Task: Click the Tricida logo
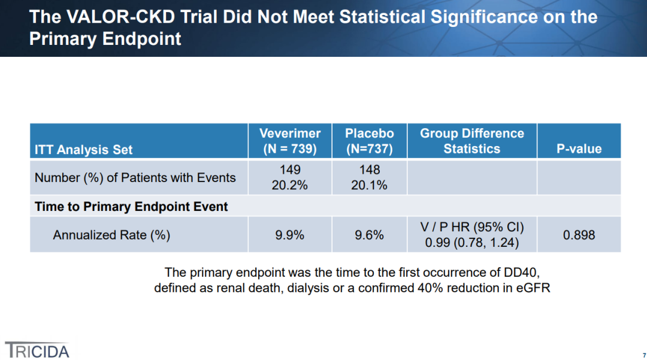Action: (37, 350)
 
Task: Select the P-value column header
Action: (579, 149)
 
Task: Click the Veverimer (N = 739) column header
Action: (290, 141)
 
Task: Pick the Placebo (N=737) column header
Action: (369, 141)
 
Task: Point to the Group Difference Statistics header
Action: (471, 141)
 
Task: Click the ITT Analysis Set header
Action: (84, 149)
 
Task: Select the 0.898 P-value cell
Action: (579, 235)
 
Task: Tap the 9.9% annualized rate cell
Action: (290, 235)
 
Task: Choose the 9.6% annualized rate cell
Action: (369, 235)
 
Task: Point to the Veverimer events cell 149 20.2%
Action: (290, 177)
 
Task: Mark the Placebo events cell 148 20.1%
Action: (369, 177)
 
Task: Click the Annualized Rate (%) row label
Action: (111, 235)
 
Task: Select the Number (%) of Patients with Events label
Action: (135, 177)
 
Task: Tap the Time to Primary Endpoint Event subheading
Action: (131, 207)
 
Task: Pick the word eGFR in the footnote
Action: (533, 288)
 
